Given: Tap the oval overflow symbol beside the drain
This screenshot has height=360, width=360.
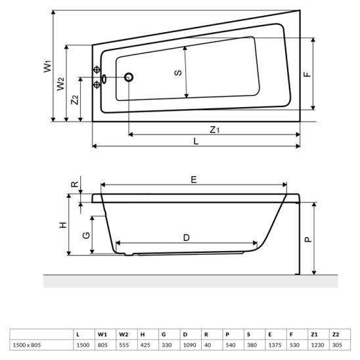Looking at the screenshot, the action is point(104,79).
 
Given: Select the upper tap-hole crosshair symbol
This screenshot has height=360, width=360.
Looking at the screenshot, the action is point(97,70).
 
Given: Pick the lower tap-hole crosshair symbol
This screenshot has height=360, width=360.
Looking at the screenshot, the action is point(97,85).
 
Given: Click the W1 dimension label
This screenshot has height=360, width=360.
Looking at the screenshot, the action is point(48,66).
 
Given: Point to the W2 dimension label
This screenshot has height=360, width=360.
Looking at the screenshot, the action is point(61,84).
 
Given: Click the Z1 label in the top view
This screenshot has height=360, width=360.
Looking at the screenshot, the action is point(215,130).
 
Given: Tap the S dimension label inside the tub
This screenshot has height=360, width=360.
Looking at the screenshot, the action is point(178,73).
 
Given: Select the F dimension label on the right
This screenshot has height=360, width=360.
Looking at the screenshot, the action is point(307,74).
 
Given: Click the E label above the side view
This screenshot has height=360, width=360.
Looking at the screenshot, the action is point(194,179).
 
